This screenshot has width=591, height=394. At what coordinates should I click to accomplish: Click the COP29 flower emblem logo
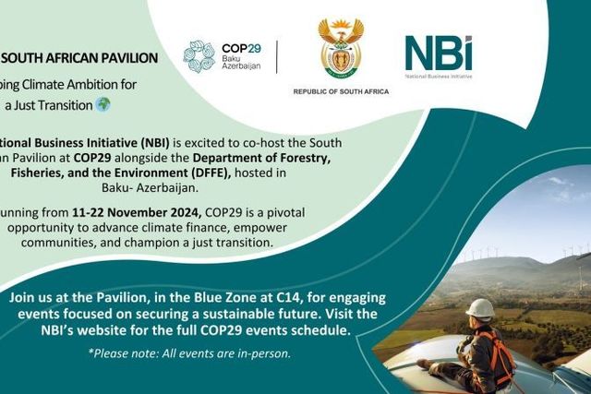[199, 57]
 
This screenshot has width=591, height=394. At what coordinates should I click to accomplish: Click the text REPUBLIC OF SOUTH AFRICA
[341, 92]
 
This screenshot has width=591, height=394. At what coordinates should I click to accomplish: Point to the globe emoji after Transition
[102, 104]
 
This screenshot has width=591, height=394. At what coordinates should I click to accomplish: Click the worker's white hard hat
[479, 308]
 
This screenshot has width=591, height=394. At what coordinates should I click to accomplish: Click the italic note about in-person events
[189, 352]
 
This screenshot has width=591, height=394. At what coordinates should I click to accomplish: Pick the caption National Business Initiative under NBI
[439, 77]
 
